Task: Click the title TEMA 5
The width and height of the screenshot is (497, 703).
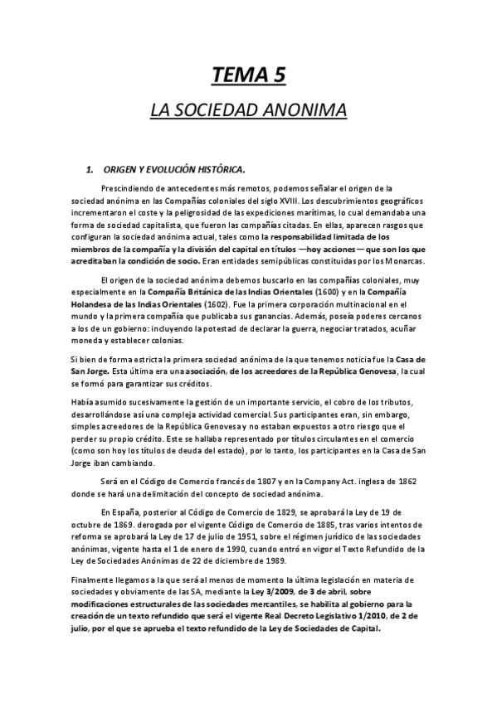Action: point(248,75)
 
